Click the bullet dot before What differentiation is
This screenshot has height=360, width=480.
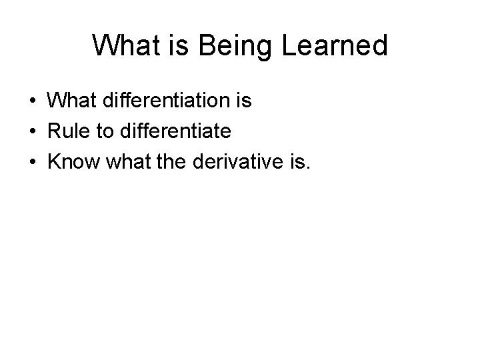tap(33, 101)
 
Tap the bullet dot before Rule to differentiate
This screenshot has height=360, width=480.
tap(33, 131)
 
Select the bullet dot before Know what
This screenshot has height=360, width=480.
tap(33, 161)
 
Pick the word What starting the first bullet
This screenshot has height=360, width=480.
tap(71, 101)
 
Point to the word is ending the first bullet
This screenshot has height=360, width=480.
tap(243, 101)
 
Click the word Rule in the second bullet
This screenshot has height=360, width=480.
tap(68, 131)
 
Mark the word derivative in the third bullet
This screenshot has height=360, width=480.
tap(237, 161)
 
